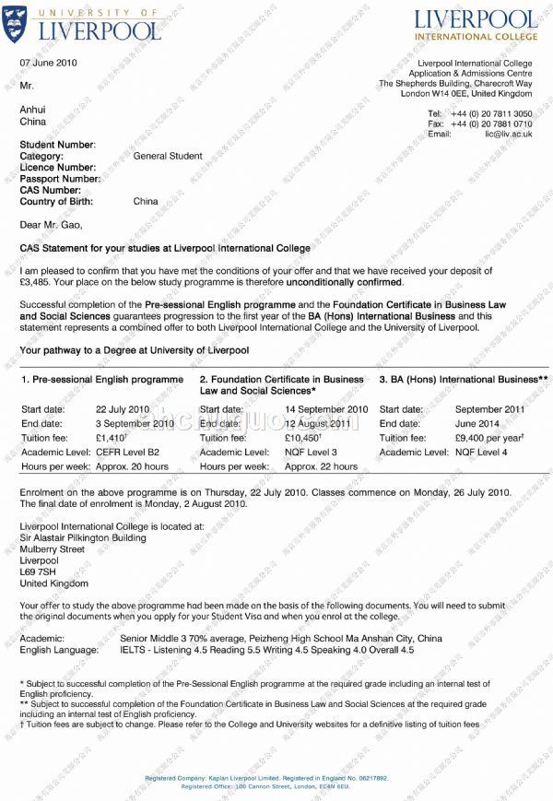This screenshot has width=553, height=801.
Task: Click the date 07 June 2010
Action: point(48,63)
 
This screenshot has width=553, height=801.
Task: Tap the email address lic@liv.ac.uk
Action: point(509,135)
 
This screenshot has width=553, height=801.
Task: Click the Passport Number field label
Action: point(61,179)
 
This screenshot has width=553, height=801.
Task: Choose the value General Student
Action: point(168,156)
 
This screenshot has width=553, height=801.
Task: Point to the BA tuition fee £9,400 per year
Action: point(489,438)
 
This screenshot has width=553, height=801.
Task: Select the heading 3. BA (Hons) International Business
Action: point(464,380)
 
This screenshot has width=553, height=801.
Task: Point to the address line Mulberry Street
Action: point(52,549)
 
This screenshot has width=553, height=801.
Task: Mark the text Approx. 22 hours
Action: point(321,466)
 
